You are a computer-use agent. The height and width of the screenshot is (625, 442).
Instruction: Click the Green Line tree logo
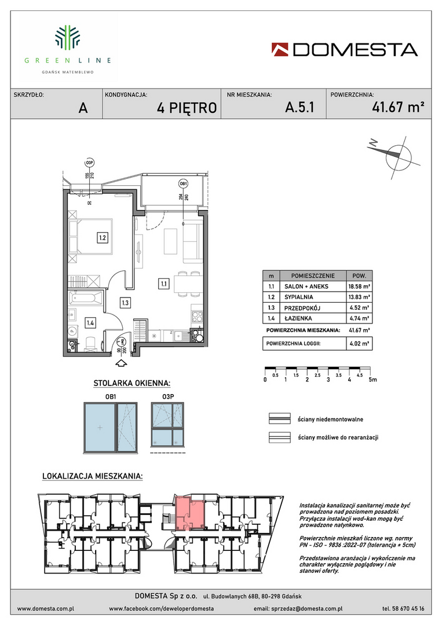(x=67, y=38)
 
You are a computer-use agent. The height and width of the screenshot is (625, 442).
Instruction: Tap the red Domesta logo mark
(x=280, y=49)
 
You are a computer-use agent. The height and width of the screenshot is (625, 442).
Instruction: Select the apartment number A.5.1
(x=299, y=107)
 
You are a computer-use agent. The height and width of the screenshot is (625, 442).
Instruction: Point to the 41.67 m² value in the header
(x=398, y=107)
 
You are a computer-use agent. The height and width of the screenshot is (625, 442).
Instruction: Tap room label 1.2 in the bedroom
(x=103, y=238)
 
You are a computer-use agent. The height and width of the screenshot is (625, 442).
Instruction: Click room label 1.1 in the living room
(x=163, y=284)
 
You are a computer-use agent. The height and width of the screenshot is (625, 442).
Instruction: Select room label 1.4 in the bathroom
(x=90, y=323)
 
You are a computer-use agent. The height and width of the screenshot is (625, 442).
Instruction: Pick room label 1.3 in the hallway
(x=125, y=303)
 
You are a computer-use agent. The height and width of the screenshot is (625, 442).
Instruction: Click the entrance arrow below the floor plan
(x=121, y=363)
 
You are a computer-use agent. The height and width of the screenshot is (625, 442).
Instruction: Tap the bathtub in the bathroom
(x=85, y=298)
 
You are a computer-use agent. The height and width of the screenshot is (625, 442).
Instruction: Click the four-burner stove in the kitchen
(x=198, y=317)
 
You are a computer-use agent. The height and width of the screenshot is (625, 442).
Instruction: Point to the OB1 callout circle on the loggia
(x=184, y=184)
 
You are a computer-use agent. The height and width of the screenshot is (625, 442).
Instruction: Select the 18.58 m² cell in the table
(x=359, y=286)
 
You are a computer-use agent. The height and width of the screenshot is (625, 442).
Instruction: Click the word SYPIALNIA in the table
(x=299, y=297)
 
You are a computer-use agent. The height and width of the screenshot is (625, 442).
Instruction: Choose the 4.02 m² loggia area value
(x=359, y=343)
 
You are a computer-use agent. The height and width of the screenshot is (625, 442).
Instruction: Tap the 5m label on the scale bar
(x=372, y=380)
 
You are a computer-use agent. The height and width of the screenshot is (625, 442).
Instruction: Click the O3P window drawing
(x=167, y=424)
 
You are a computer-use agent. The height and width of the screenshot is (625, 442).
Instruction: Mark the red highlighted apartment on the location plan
(x=190, y=513)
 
